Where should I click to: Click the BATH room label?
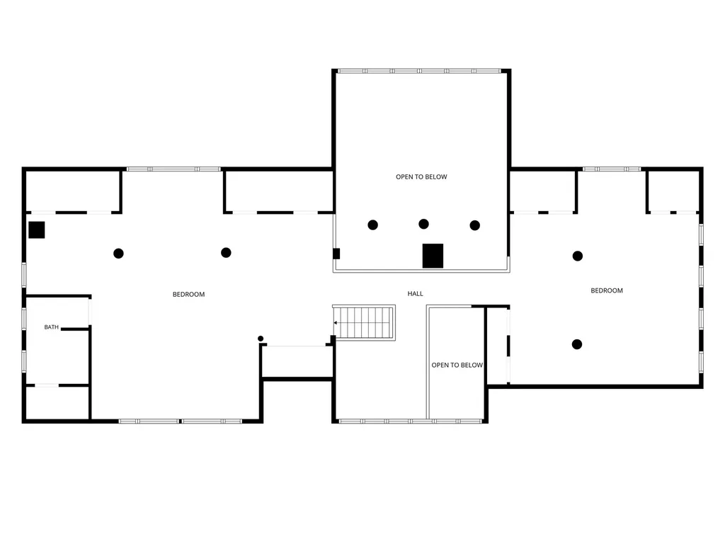[x=51, y=327]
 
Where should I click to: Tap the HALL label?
[x=415, y=294]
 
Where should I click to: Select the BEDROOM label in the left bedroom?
[x=188, y=294]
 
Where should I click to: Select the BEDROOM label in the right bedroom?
[x=607, y=290]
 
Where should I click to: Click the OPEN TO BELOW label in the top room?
[x=421, y=176]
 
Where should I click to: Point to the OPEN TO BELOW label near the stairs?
[x=457, y=365]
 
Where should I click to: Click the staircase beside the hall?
[x=364, y=322]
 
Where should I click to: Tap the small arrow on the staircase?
[x=336, y=322]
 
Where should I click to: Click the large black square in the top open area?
[x=433, y=256]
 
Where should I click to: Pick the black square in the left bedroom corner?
[x=37, y=230]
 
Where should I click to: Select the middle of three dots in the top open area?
[x=423, y=224]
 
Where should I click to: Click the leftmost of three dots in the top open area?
[x=372, y=225]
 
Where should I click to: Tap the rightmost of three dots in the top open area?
[x=475, y=225]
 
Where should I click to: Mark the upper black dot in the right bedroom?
[x=578, y=256]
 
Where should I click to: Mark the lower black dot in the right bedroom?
[x=577, y=344]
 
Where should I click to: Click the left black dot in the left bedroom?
[x=118, y=254]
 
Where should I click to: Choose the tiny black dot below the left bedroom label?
[x=261, y=339]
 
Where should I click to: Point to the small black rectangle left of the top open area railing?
[x=336, y=254]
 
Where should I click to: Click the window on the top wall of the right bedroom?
[x=612, y=169]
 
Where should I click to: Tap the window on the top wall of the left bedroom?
[x=174, y=169]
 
